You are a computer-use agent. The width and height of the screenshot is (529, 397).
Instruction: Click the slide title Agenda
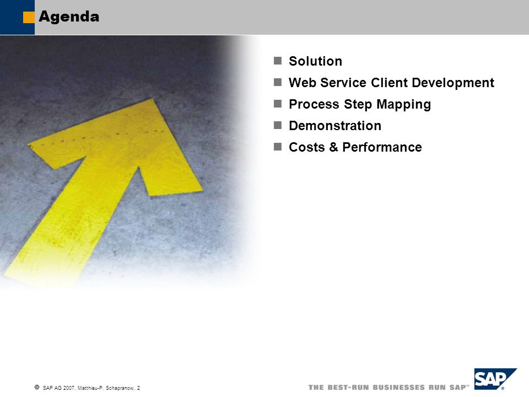69,17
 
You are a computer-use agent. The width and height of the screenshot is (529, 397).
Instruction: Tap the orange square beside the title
29,18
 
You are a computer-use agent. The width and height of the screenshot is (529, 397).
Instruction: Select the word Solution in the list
315,61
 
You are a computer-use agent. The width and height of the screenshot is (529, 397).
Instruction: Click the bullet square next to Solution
278,61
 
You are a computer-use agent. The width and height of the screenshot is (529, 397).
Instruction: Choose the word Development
453,83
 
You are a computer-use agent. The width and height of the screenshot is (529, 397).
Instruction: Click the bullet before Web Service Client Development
278,82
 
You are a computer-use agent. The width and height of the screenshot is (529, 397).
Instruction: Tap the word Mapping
403,105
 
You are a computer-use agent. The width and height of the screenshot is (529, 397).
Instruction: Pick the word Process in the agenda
314,104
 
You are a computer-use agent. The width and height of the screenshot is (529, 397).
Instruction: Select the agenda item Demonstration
335,126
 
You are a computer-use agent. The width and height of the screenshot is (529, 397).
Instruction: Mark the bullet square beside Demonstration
278,125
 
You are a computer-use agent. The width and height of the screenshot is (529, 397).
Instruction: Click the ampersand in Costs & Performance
333,147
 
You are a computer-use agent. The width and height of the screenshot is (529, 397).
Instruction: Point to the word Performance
382,147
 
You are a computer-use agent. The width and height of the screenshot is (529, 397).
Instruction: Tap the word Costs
307,147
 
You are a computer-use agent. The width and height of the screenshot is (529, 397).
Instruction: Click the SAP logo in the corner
495,379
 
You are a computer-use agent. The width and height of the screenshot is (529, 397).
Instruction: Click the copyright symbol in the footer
37,387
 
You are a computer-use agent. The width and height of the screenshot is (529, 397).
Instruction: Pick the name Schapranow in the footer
120,388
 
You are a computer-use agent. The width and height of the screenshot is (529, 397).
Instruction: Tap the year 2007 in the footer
69,388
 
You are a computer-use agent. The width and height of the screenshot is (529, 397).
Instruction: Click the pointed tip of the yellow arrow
153,99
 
